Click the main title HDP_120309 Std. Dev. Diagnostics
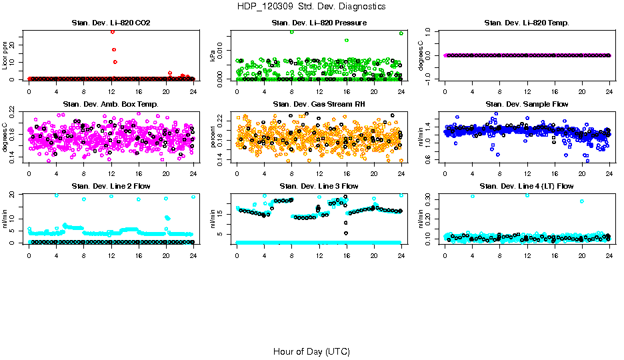click(311, 7)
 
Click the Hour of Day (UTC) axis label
click(311, 351)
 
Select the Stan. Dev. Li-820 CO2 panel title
click(111, 23)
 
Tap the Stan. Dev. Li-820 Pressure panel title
click(319, 23)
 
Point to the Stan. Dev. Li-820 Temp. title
click(527, 23)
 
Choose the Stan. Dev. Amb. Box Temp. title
click(111, 105)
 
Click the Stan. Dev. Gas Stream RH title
click(319, 105)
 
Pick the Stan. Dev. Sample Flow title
click(527, 105)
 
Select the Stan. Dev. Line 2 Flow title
click(111, 186)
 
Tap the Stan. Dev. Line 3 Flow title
click(319, 186)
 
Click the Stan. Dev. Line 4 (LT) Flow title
click(527, 186)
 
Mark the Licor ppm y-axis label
click(5, 55)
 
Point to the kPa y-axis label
click(213, 55)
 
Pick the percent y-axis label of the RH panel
click(213, 137)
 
